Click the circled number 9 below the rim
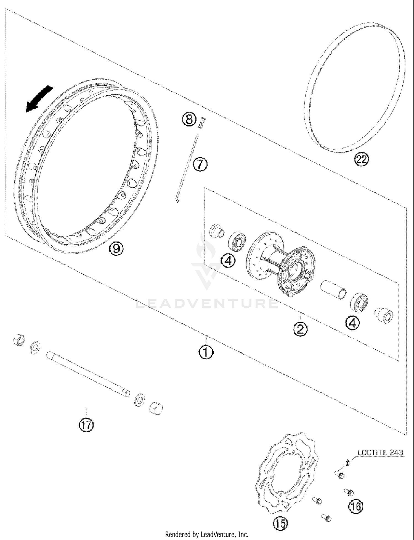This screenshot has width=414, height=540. [x=116, y=249]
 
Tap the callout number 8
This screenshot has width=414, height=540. [x=189, y=120]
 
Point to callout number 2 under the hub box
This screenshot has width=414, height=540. [x=300, y=329]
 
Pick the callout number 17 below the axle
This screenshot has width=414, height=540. [x=86, y=425]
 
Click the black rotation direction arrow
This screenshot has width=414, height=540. [x=39, y=99]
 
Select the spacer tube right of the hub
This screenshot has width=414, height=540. [x=333, y=290]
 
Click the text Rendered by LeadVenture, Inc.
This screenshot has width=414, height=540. [x=206, y=534]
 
